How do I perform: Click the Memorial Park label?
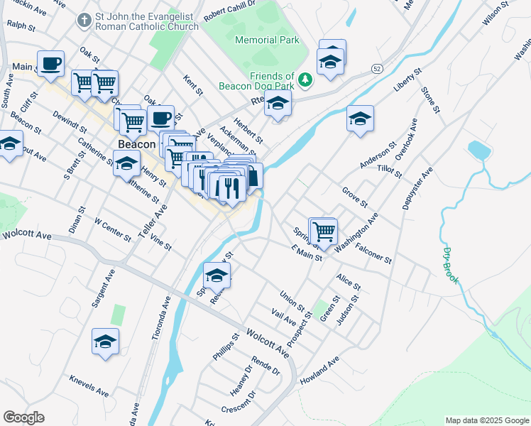pyautogui.click(x=266, y=40)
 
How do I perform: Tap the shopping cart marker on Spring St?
pyautogui.click(x=324, y=231)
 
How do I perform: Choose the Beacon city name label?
pyautogui.click(x=136, y=144)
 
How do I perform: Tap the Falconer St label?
pyautogui.click(x=373, y=253)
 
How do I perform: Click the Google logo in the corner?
pyautogui.click(x=23, y=417)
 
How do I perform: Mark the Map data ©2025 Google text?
pyautogui.click(x=486, y=420)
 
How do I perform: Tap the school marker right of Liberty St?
pyautogui.click(x=360, y=119)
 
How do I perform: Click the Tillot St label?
pyautogui.click(x=390, y=170)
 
